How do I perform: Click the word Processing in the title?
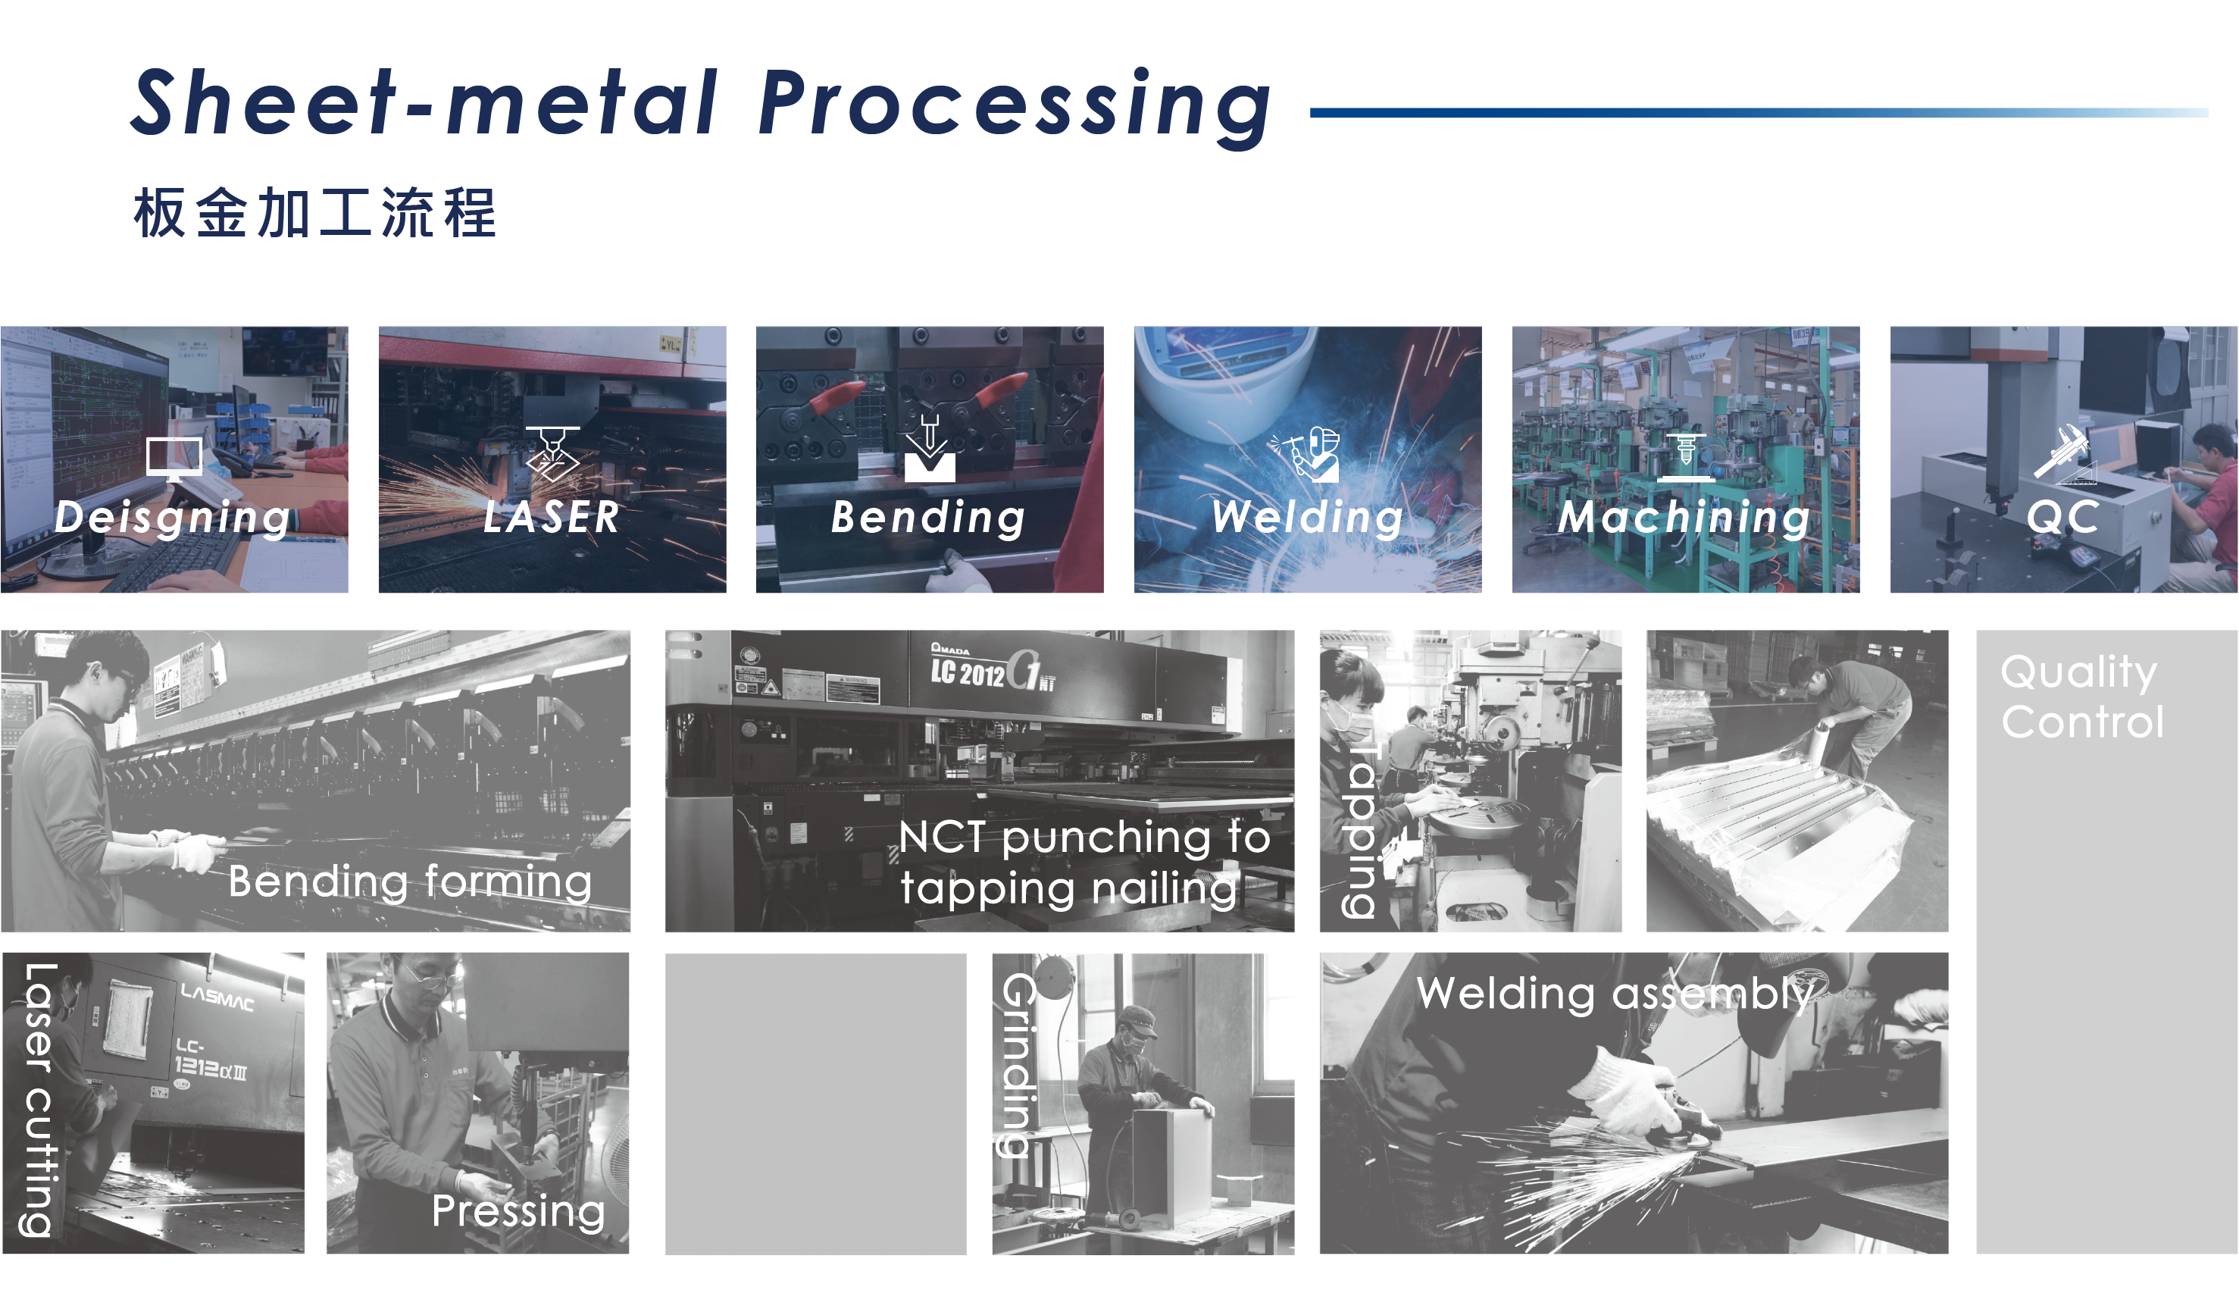click(x=1015, y=107)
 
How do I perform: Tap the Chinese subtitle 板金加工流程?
click(x=314, y=212)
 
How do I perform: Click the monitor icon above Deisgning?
click(x=174, y=459)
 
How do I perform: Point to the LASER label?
click(x=552, y=516)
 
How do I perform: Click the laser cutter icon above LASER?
click(x=552, y=453)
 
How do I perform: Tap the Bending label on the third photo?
click(x=928, y=517)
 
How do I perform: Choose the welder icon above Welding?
click(x=1304, y=453)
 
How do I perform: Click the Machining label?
click(x=1684, y=517)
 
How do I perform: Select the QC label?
click(x=2063, y=516)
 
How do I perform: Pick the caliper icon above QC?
click(x=2063, y=453)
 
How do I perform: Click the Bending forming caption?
click(x=410, y=882)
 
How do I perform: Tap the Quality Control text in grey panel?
click(x=2081, y=697)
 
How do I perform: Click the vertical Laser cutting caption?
click(x=39, y=1100)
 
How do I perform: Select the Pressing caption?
click(x=518, y=1211)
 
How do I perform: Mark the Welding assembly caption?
click(x=1615, y=993)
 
